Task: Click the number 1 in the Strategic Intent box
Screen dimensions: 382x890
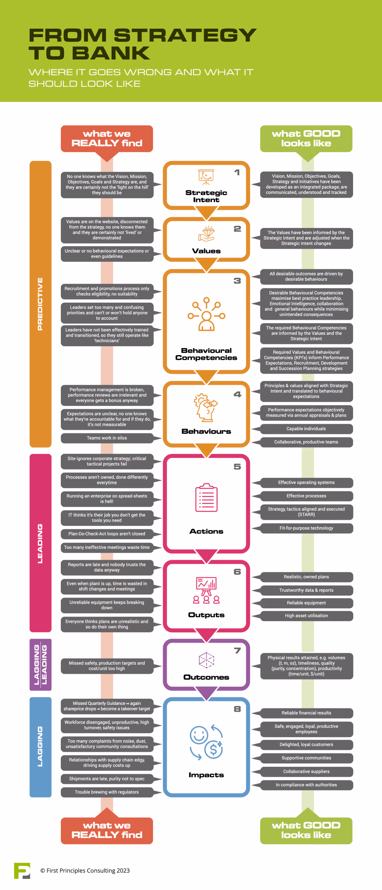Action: tap(237, 172)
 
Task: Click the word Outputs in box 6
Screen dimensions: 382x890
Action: tap(206, 615)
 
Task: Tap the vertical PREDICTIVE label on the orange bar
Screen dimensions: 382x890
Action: tap(40, 304)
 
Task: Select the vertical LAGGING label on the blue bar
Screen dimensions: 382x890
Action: tap(40, 746)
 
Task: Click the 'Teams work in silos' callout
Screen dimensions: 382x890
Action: tap(107, 438)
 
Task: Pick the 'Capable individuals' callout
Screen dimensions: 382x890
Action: tap(306, 429)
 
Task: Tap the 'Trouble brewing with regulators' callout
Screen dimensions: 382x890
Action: tap(107, 792)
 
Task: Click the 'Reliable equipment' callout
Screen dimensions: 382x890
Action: tap(306, 603)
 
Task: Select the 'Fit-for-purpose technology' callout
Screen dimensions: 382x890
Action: tap(306, 528)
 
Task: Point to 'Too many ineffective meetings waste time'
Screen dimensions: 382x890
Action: tap(107, 548)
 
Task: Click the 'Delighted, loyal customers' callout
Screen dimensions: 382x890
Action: tap(306, 744)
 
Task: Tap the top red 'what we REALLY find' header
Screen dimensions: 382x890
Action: tap(107, 138)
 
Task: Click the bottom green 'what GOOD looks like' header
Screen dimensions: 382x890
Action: tap(306, 831)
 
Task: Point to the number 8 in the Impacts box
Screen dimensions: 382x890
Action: tap(237, 709)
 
